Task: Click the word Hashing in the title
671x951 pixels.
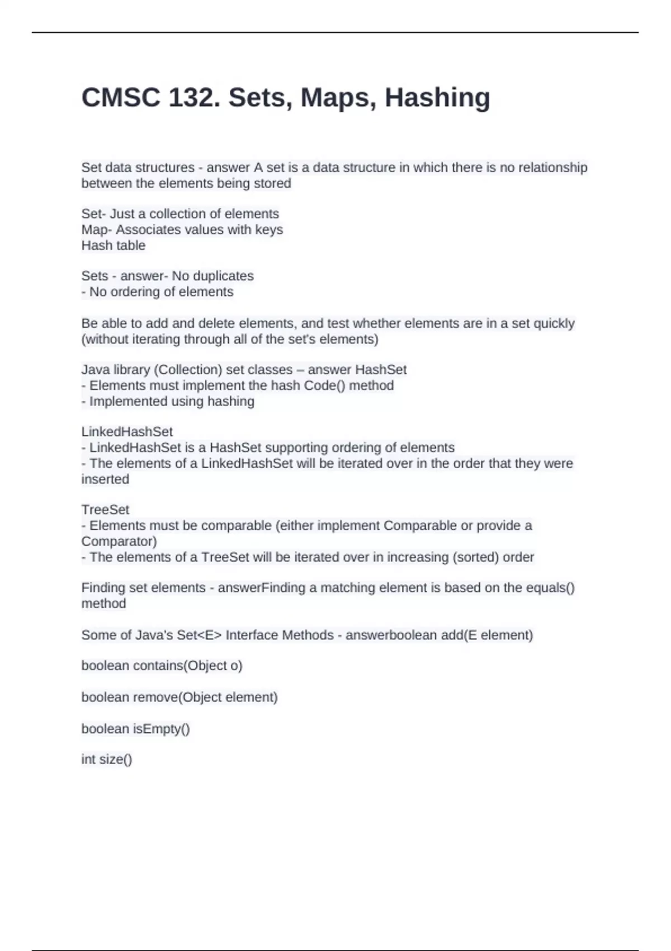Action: tap(437, 97)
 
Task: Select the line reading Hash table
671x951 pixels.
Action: tap(114, 246)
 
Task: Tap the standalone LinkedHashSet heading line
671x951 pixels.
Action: tap(127, 432)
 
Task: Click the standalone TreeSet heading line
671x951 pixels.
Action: tap(105, 510)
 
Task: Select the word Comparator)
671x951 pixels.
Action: tap(119, 542)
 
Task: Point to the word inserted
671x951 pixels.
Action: tap(105, 479)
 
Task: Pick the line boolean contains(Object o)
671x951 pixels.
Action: tap(162, 666)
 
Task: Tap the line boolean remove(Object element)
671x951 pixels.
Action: tap(179, 698)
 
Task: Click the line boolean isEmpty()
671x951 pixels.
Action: tap(136, 729)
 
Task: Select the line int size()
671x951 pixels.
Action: tap(107, 760)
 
